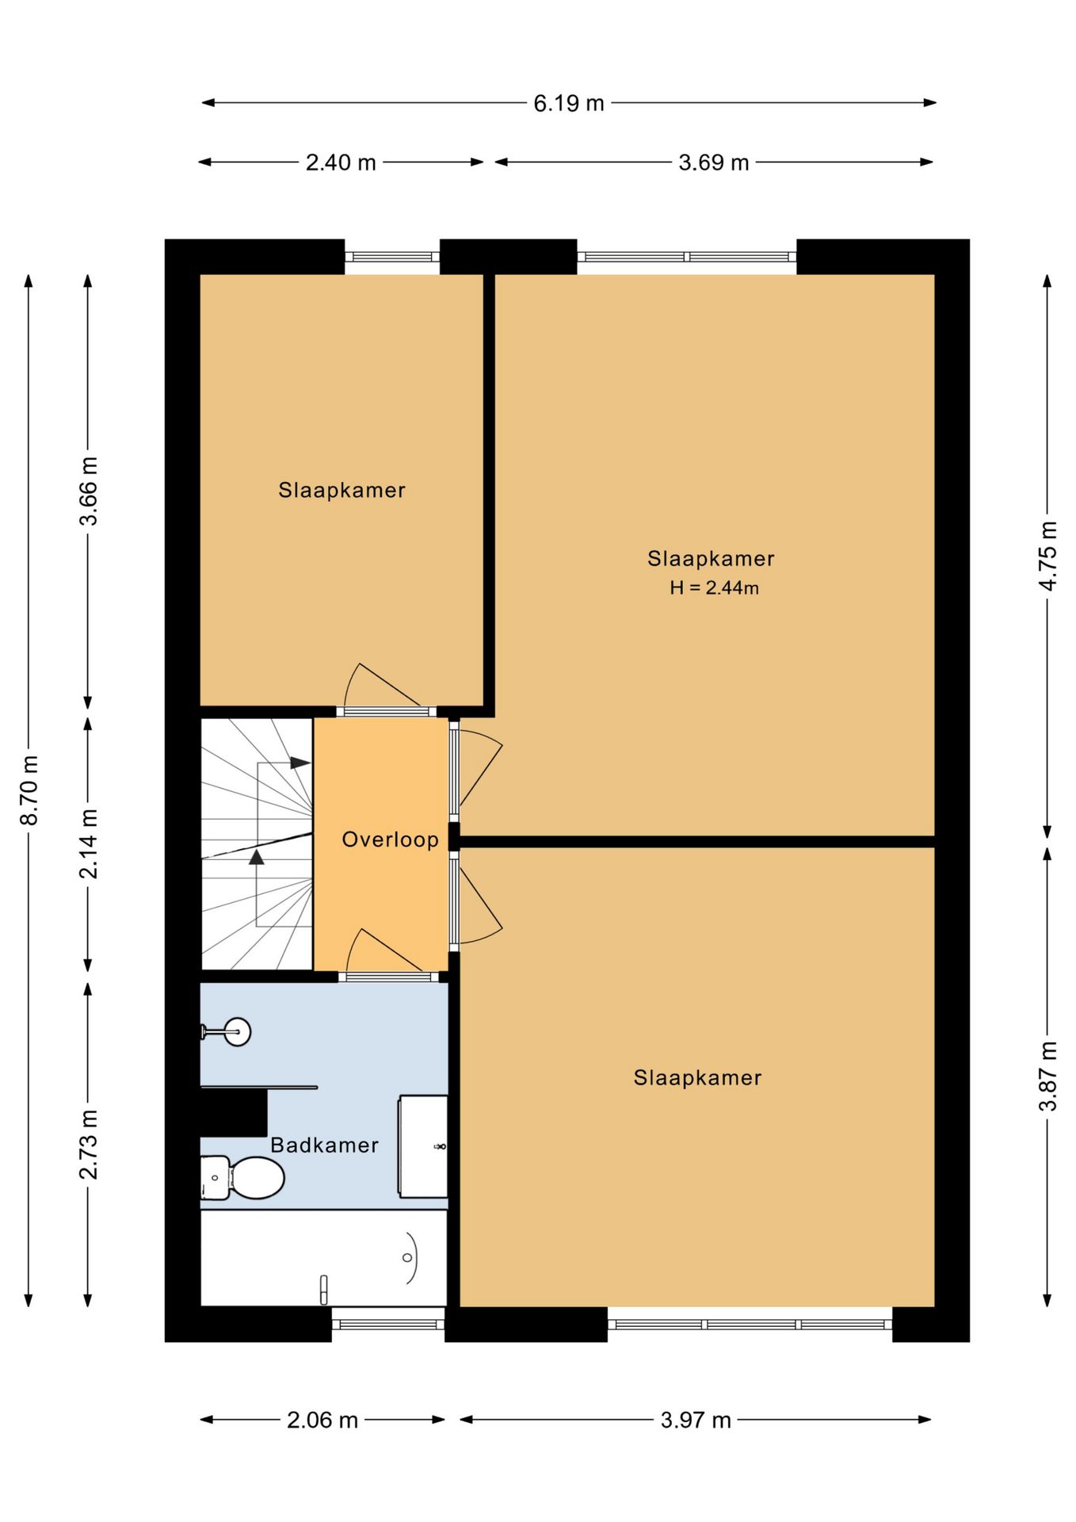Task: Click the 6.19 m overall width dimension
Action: (568, 103)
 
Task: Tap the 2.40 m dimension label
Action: (341, 163)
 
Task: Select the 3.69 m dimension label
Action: (713, 163)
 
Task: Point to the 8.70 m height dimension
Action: (29, 790)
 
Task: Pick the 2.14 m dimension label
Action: (89, 843)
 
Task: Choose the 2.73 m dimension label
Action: (89, 1145)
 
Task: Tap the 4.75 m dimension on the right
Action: (1047, 556)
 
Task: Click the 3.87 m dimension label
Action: (1047, 1076)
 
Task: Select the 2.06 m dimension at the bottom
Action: (322, 1420)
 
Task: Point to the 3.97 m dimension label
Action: (696, 1420)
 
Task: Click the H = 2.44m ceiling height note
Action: (714, 588)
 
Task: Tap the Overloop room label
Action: (390, 839)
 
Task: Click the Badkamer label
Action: (324, 1145)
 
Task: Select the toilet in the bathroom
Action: (242, 1177)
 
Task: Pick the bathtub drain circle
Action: (407, 1257)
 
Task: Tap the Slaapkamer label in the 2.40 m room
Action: (341, 490)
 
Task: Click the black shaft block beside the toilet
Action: (233, 1113)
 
